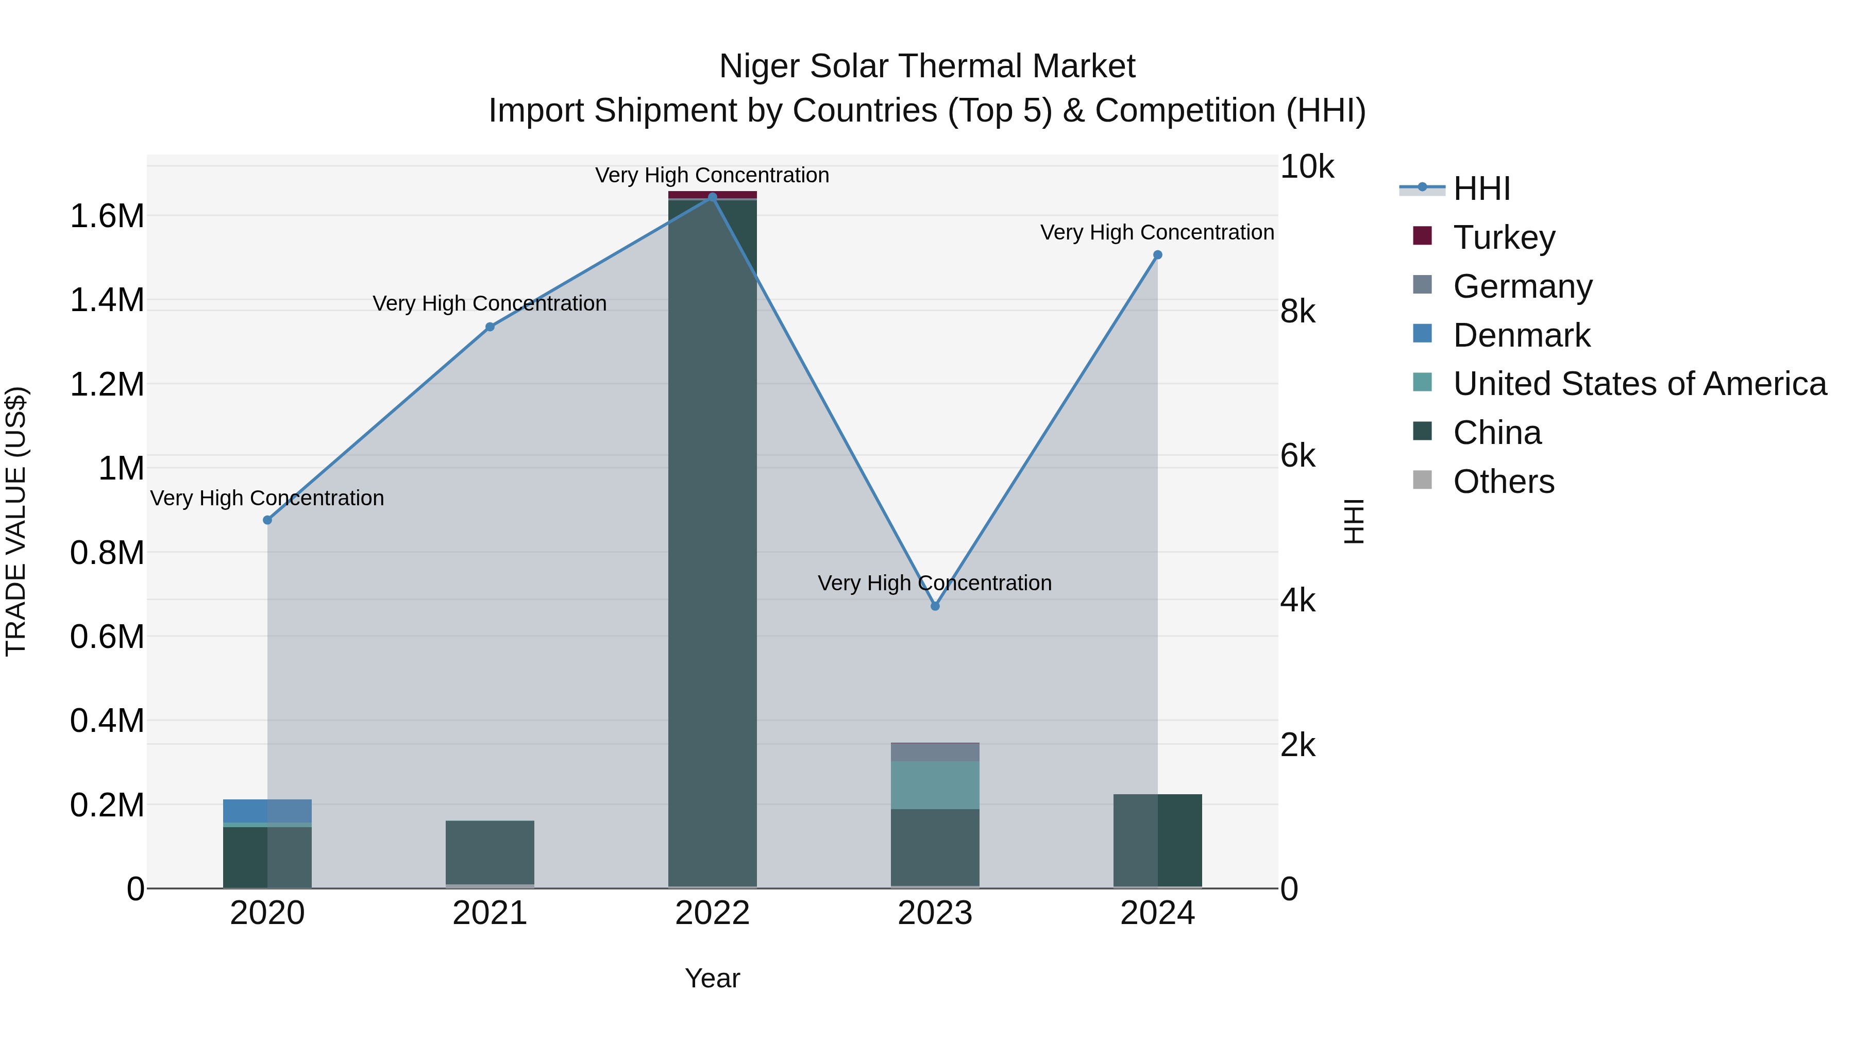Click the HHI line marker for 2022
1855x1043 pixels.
pos(712,197)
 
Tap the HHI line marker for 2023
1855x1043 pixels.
pos(935,606)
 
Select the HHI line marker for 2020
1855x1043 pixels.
pos(267,520)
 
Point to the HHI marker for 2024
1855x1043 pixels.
pos(1157,255)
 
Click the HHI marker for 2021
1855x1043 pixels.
pos(490,327)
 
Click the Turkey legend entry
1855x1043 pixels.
pos(1504,237)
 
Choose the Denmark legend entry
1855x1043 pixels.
pos(1521,335)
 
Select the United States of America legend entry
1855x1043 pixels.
pos(1639,384)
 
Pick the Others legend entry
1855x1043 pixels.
pos(1503,482)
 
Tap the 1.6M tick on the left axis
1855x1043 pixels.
pos(107,216)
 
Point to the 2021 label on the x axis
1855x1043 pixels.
pos(490,913)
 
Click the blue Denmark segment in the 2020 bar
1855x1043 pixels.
pos(267,811)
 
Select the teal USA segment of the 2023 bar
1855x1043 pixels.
pos(935,784)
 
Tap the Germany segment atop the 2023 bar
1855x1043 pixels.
pos(935,752)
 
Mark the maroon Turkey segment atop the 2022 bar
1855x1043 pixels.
pos(712,194)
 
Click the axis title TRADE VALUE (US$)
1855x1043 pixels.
pos(16,521)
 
